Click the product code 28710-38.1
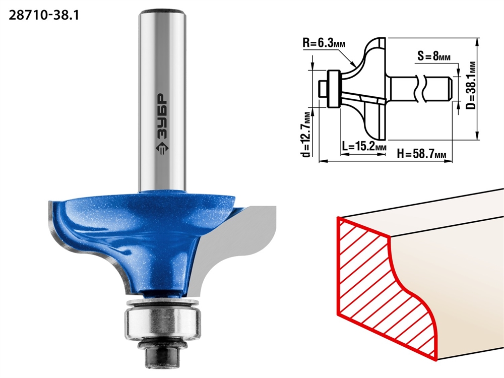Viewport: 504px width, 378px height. (x=44, y=16)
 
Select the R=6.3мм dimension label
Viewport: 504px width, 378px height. (x=324, y=43)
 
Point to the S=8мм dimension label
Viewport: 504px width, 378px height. (x=434, y=56)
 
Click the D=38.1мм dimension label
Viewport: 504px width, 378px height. (x=471, y=85)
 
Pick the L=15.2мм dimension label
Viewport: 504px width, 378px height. (x=364, y=147)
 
